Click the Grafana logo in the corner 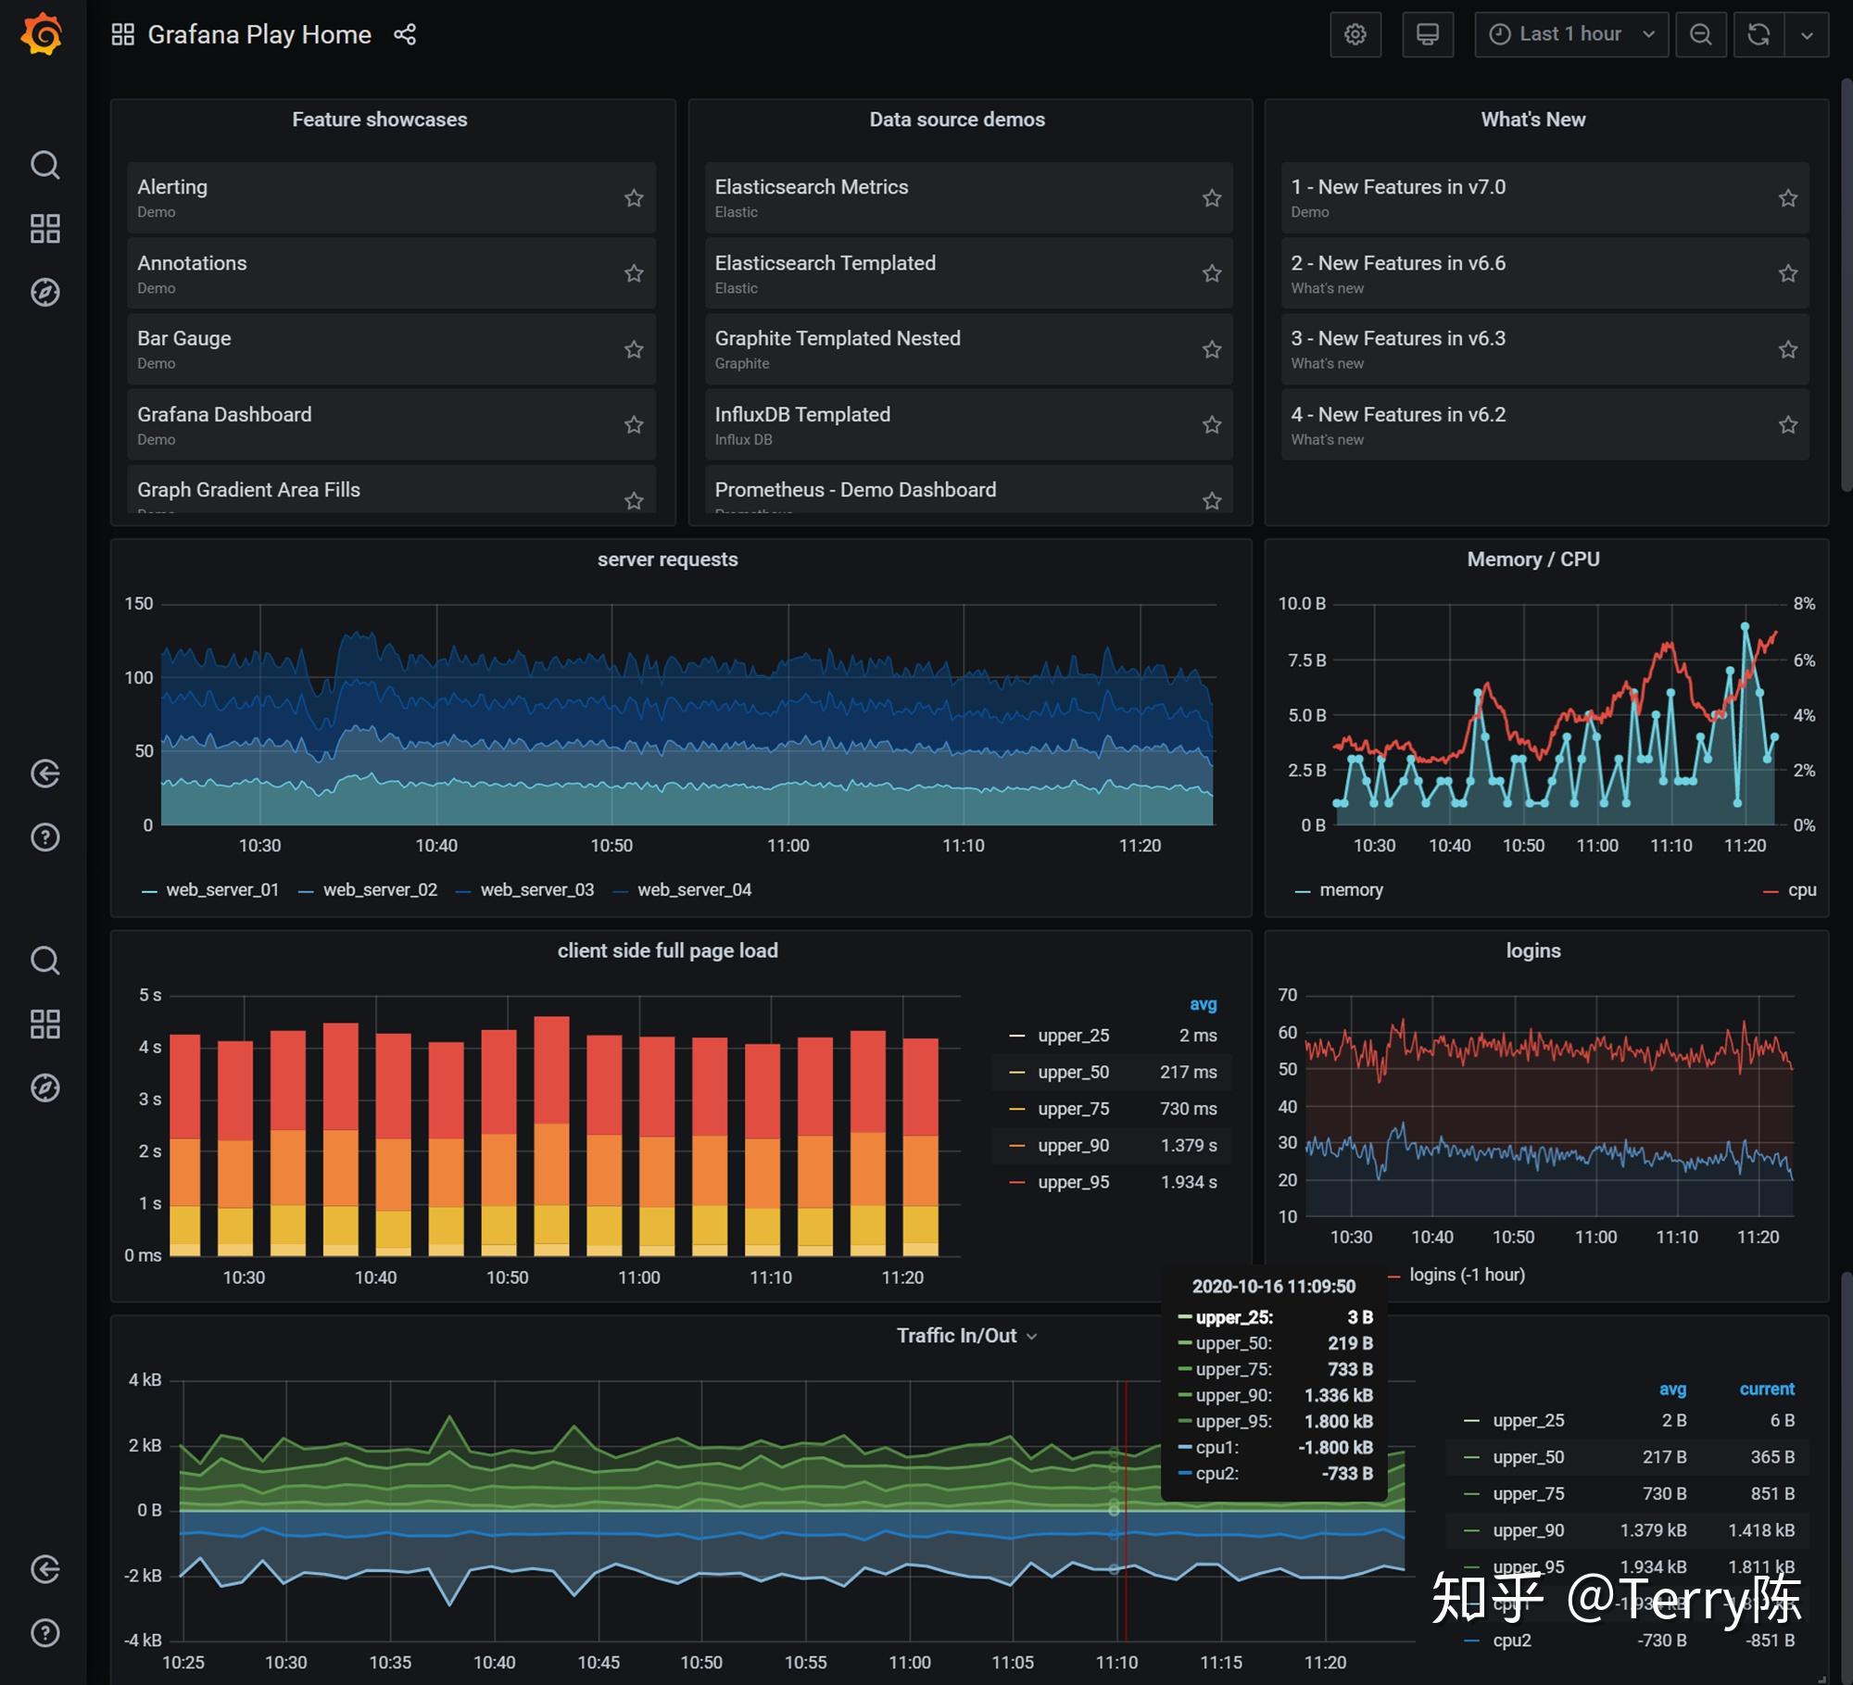(42, 35)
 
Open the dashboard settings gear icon (1355, 35)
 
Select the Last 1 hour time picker (1570, 35)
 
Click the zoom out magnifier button (1700, 35)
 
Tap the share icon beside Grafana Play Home (405, 35)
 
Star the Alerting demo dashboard (634, 198)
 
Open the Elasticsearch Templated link (825, 263)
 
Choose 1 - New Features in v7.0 (1397, 187)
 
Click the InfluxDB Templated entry (802, 415)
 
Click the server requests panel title (667, 560)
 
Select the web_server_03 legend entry (536, 890)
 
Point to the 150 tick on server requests (139, 604)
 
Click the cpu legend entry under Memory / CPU (1801, 890)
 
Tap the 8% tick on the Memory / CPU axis (1803, 604)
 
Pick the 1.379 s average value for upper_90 (1189, 1146)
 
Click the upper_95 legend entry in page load (1073, 1183)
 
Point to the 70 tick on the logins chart (1287, 995)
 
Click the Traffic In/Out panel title (956, 1336)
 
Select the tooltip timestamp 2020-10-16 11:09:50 (1273, 1287)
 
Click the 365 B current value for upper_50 (1771, 1457)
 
